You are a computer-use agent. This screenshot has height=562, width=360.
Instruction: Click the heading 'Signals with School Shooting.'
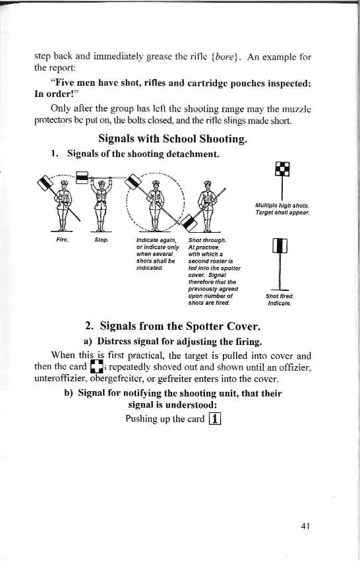click(173, 139)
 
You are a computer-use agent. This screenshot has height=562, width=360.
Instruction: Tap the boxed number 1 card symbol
click(214, 419)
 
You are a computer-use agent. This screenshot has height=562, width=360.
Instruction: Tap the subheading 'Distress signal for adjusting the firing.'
click(173, 341)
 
